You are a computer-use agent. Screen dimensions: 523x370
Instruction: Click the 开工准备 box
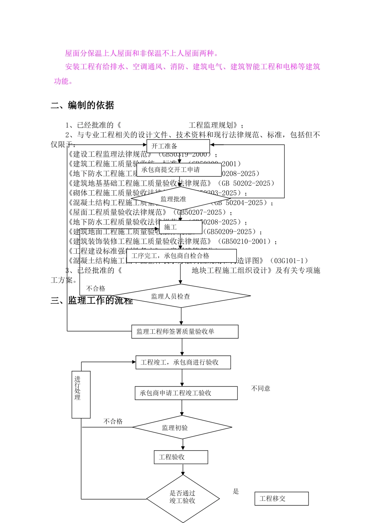tap(178, 146)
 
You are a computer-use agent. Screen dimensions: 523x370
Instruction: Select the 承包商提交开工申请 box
tap(179, 170)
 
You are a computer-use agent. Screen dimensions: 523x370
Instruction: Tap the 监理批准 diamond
tap(174, 199)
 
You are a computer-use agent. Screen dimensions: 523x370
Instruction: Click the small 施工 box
tap(181, 227)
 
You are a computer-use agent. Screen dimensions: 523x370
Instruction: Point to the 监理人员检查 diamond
tap(181, 296)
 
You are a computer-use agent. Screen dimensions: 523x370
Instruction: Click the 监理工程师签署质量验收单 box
tap(185, 332)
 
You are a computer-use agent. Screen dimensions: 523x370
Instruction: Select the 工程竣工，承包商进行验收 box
tap(183, 362)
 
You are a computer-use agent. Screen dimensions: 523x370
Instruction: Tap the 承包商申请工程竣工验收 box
tap(186, 393)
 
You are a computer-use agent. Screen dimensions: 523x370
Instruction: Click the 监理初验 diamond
tap(182, 428)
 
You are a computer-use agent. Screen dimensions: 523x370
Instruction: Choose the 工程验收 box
tap(181, 457)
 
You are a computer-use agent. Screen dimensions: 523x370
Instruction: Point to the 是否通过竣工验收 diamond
tap(183, 497)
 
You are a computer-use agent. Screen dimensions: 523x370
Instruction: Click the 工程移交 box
tap(281, 498)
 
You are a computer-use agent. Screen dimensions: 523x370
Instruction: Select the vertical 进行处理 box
tap(81, 395)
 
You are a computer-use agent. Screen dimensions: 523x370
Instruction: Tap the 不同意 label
tap(261, 388)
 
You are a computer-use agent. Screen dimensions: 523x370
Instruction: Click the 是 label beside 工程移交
tap(236, 491)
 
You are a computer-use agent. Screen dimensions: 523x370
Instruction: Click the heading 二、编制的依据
tap(83, 105)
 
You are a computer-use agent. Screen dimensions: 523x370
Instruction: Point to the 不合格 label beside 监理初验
tap(113, 421)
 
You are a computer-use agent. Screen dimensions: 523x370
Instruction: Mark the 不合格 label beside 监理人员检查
tap(96, 288)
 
